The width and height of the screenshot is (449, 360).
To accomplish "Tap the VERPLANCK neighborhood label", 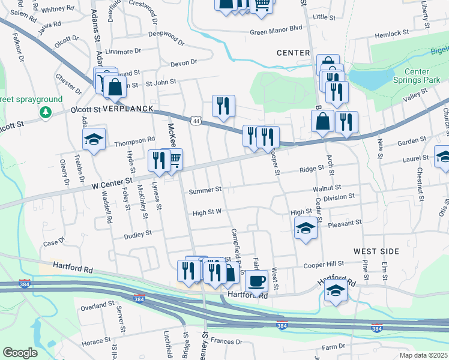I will coord(128,109).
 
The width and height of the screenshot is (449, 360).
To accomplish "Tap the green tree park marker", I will coord(45,113).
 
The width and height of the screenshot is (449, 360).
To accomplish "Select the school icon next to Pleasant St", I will coord(306,228).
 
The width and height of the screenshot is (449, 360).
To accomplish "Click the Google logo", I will coord(20,353).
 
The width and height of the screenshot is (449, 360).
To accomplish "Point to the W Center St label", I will coord(112,180).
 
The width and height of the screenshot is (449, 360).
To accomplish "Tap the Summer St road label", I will coord(205,191).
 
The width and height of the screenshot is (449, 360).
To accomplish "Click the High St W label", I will coord(207,212).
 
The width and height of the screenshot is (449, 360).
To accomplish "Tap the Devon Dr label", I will coord(183,62).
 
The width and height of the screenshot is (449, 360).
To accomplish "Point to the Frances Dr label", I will coord(226,341).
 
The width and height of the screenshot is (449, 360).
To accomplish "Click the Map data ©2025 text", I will coord(423,355).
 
